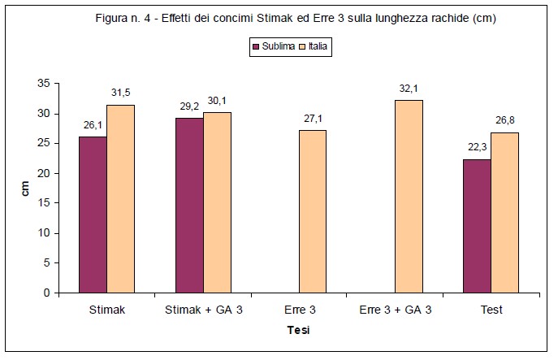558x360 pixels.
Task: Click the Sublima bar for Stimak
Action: click(x=93, y=215)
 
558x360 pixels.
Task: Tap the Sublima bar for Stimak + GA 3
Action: click(x=189, y=205)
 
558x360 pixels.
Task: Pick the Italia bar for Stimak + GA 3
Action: click(x=217, y=202)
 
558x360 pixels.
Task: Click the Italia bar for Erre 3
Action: click(x=313, y=211)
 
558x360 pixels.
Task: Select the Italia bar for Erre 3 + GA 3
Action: click(x=409, y=196)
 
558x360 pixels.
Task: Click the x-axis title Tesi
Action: click(x=298, y=331)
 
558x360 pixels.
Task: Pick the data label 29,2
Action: click(x=188, y=107)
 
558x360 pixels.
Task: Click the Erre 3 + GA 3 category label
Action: click(x=395, y=310)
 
